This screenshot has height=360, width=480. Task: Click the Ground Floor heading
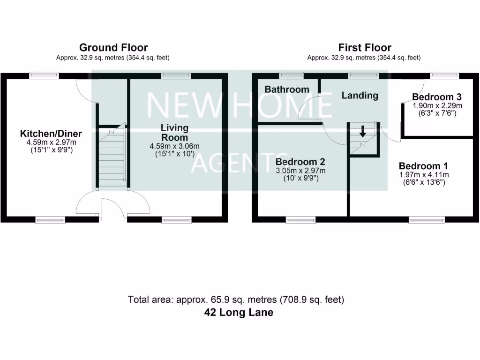pos(113,47)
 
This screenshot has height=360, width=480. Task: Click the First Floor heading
pos(365,47)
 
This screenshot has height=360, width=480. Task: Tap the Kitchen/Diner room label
pos(51,134)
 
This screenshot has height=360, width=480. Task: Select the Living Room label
pos(174,132)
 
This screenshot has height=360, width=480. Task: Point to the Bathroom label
pos(287,90)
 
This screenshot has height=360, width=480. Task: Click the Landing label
pos(360,96)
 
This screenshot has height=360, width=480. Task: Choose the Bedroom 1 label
pos(423,166)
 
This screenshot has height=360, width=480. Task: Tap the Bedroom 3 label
pos(437,97)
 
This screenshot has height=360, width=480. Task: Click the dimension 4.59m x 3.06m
pos(174,147)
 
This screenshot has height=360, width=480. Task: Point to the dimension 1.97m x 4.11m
pos(423,175)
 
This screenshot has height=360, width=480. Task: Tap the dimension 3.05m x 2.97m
pos(301,171)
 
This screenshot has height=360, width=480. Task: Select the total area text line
pos(236,300)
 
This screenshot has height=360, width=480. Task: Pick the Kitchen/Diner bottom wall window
pos(51,219)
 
